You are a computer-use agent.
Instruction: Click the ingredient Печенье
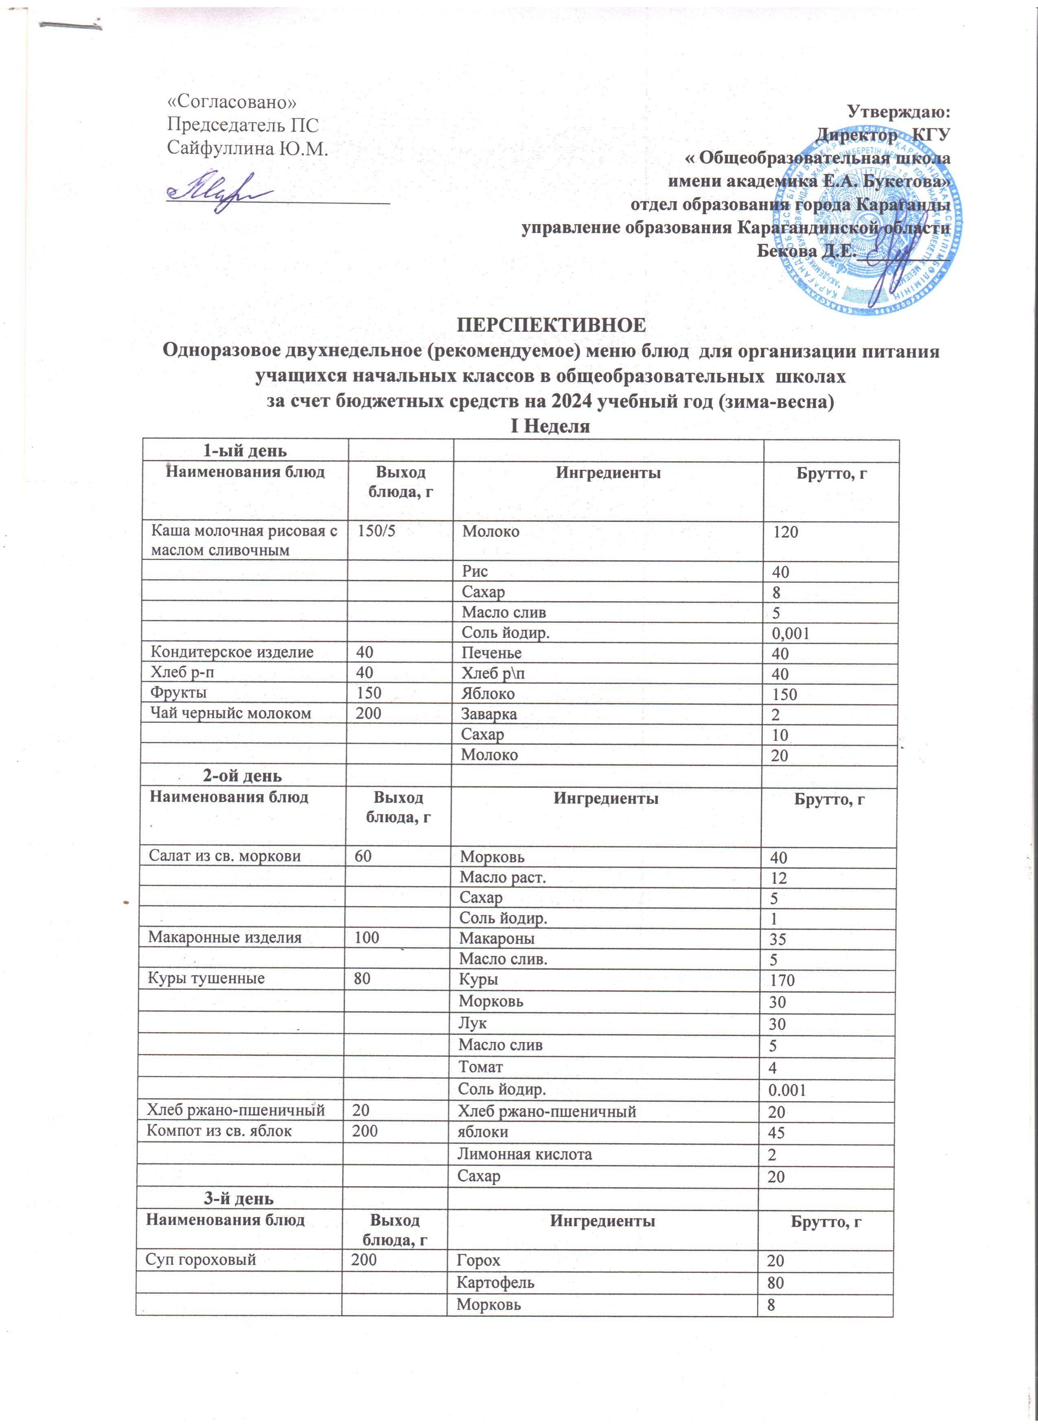point(491,653)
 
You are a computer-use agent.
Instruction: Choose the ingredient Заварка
point(489,714)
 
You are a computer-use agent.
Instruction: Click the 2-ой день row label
point(242,776)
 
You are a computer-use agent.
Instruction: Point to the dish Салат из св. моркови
point(225,856)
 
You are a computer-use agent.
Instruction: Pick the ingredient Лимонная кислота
point(524,1154)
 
